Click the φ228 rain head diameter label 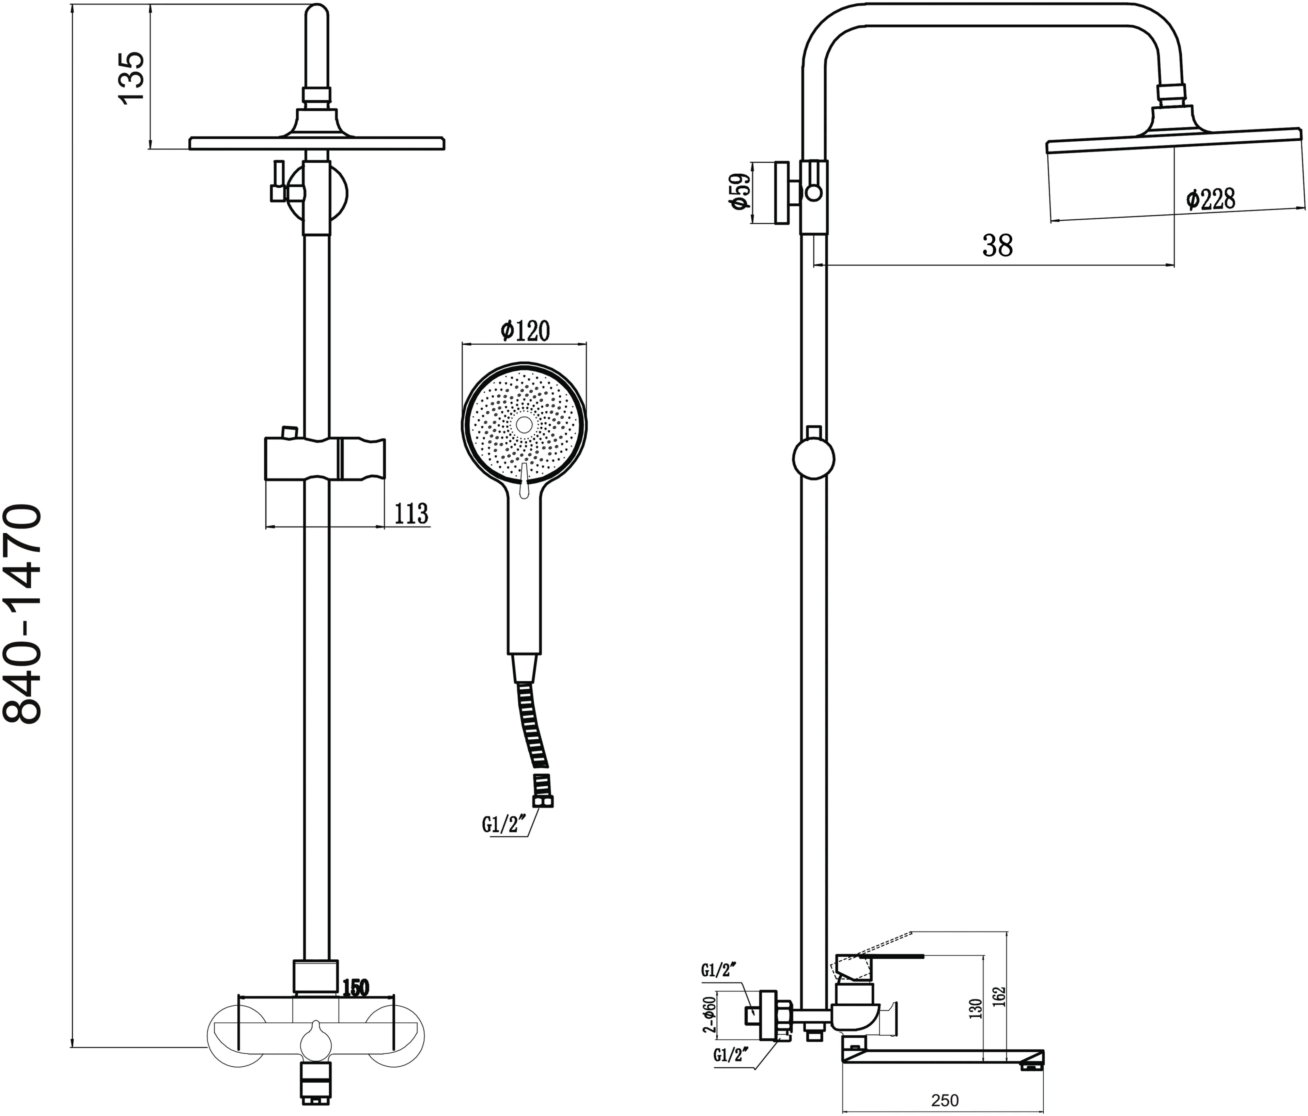[1210, 200]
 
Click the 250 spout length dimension [945, 1100]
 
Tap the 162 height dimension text [999, 996]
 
